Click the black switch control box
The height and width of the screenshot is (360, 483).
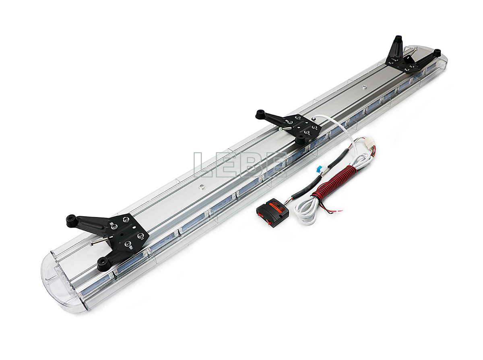272,213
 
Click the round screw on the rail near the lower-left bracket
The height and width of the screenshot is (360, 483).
201,186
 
